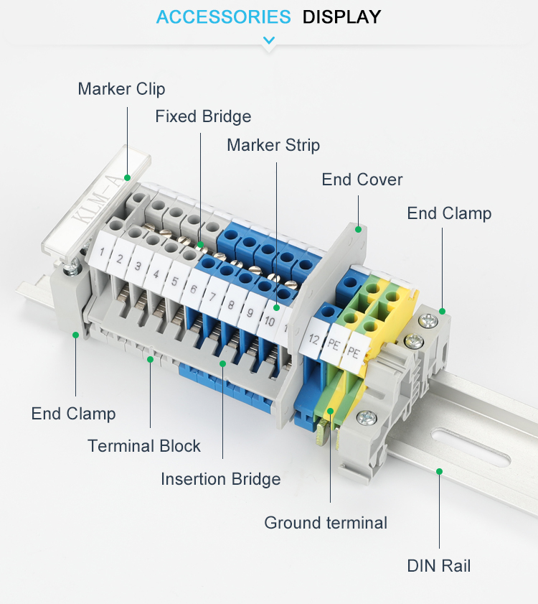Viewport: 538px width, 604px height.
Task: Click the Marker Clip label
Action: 122,89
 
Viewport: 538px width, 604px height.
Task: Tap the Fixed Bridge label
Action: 203,116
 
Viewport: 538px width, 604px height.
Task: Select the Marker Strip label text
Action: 273,145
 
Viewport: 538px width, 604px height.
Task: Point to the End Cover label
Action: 362,180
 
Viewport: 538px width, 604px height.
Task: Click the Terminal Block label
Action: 144,446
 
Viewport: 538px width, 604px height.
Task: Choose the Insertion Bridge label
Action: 221,479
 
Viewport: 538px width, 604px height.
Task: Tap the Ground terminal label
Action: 326,523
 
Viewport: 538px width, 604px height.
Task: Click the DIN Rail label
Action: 439,566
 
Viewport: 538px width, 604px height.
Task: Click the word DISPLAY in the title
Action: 341,17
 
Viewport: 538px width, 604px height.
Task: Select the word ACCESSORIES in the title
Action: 224,17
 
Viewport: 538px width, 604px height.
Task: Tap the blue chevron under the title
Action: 268,40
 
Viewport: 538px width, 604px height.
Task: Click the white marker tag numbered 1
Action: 102,252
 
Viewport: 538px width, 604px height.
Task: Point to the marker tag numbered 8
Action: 230,305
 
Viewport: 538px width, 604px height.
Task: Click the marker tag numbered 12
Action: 314,338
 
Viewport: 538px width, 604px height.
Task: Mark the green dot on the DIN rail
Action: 439,471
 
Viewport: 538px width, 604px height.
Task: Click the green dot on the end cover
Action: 358,230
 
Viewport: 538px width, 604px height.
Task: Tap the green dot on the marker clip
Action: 128,177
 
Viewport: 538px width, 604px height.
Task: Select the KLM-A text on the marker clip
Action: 99,203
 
